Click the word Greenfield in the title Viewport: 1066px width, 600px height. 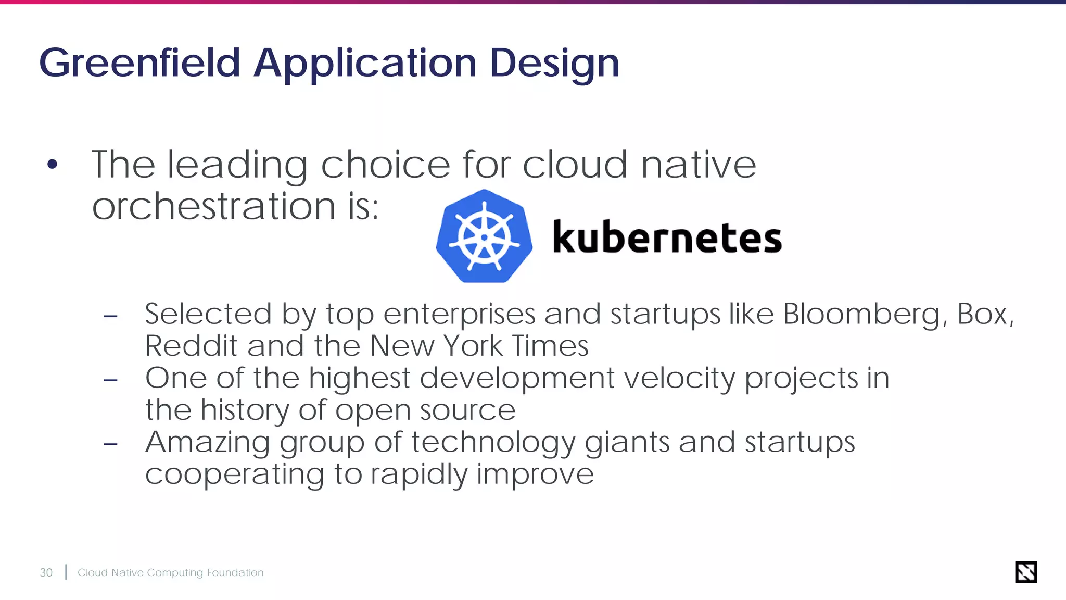coord(139,63)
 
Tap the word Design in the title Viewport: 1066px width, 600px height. coord(554,63)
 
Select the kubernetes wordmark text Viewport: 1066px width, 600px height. coord(667,238)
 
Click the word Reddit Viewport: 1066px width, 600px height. coord(191,346)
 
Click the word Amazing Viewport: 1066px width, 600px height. coord(207,442)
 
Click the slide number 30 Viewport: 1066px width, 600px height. coord(46,572)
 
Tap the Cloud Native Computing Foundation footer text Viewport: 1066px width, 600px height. coord(170,572)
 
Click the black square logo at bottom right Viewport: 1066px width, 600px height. coord(1025,572)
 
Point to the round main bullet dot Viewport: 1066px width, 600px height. coord(52,165)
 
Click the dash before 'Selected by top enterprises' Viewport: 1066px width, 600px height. coord(110,316)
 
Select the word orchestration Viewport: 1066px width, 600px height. coord(214,206)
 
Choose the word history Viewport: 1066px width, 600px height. coord(245,410)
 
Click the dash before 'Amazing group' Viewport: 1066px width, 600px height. coord(110,444)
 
